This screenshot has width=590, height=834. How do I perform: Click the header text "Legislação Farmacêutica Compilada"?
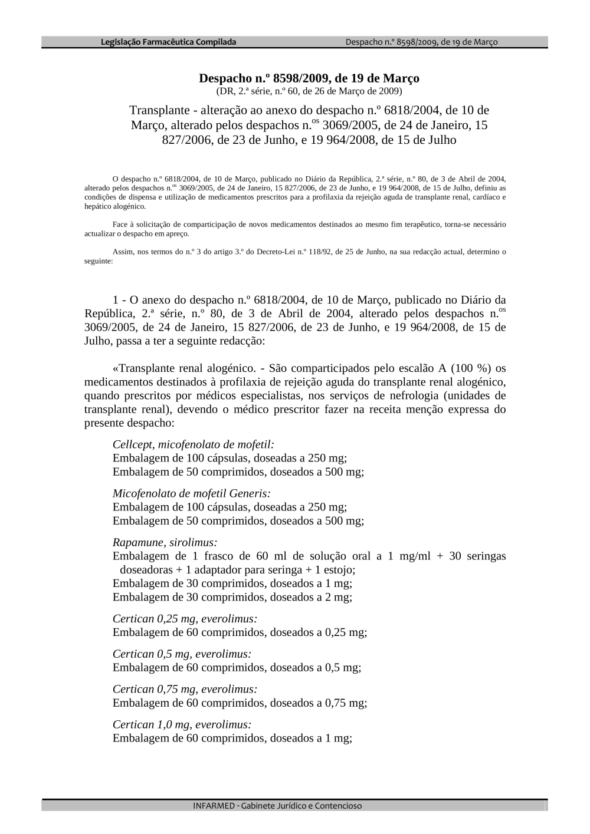tap(168, 42)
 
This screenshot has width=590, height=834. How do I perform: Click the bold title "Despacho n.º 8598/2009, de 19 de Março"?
tap(309, 78)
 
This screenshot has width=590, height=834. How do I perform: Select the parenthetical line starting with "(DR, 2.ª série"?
tap(309, 91)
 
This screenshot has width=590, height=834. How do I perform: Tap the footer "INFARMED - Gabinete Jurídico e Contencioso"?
tap(277, 806)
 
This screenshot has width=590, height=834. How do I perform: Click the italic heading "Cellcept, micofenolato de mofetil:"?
tap(193, 444)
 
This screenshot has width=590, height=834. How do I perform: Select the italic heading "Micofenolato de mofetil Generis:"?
tap(191, 493)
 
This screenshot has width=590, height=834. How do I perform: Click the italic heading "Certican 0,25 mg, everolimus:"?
tap(185, 619)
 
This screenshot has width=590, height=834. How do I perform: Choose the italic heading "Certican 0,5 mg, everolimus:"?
tap(182, 654)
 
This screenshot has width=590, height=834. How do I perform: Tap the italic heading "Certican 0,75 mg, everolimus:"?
tap(185, 689)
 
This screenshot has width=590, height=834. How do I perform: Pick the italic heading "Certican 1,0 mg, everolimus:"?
tap(182, 724)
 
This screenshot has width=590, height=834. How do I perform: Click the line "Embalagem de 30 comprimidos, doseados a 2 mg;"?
tap(232, 597)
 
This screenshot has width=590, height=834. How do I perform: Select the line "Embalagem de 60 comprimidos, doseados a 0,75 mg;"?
tap(240, 703)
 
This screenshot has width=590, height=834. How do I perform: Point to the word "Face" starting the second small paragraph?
tap(120, 225)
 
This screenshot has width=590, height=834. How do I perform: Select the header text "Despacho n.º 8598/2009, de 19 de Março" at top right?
tap(421, 42)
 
